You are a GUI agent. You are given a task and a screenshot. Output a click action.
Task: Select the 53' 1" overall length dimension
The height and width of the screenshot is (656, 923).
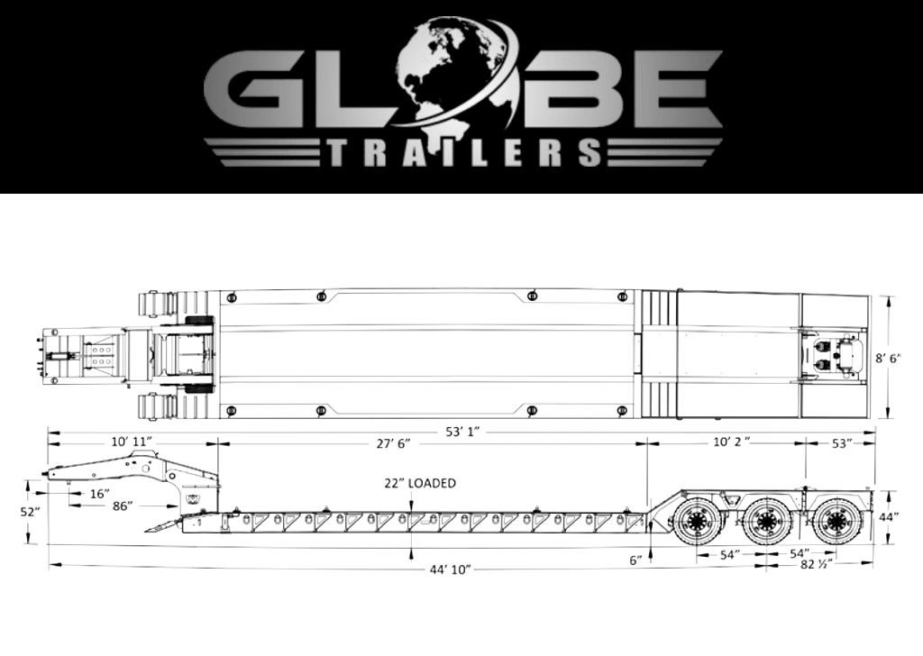[x=462, y=433]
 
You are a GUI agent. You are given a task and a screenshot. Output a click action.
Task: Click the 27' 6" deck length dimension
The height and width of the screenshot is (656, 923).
[x=393, y=443]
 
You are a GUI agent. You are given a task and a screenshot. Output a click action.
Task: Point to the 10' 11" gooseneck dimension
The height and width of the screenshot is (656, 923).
[x=132, y=442]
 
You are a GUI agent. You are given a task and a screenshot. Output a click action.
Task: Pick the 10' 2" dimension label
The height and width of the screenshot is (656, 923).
[x=731, y=442]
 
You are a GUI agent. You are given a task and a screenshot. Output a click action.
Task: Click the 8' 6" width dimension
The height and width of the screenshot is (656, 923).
[x=888, y=358]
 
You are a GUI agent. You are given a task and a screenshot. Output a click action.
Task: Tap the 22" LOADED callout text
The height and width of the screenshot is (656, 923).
[x=420, y=483]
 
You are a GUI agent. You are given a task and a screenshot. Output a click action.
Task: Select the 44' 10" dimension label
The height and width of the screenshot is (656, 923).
[x=451, y=569]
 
